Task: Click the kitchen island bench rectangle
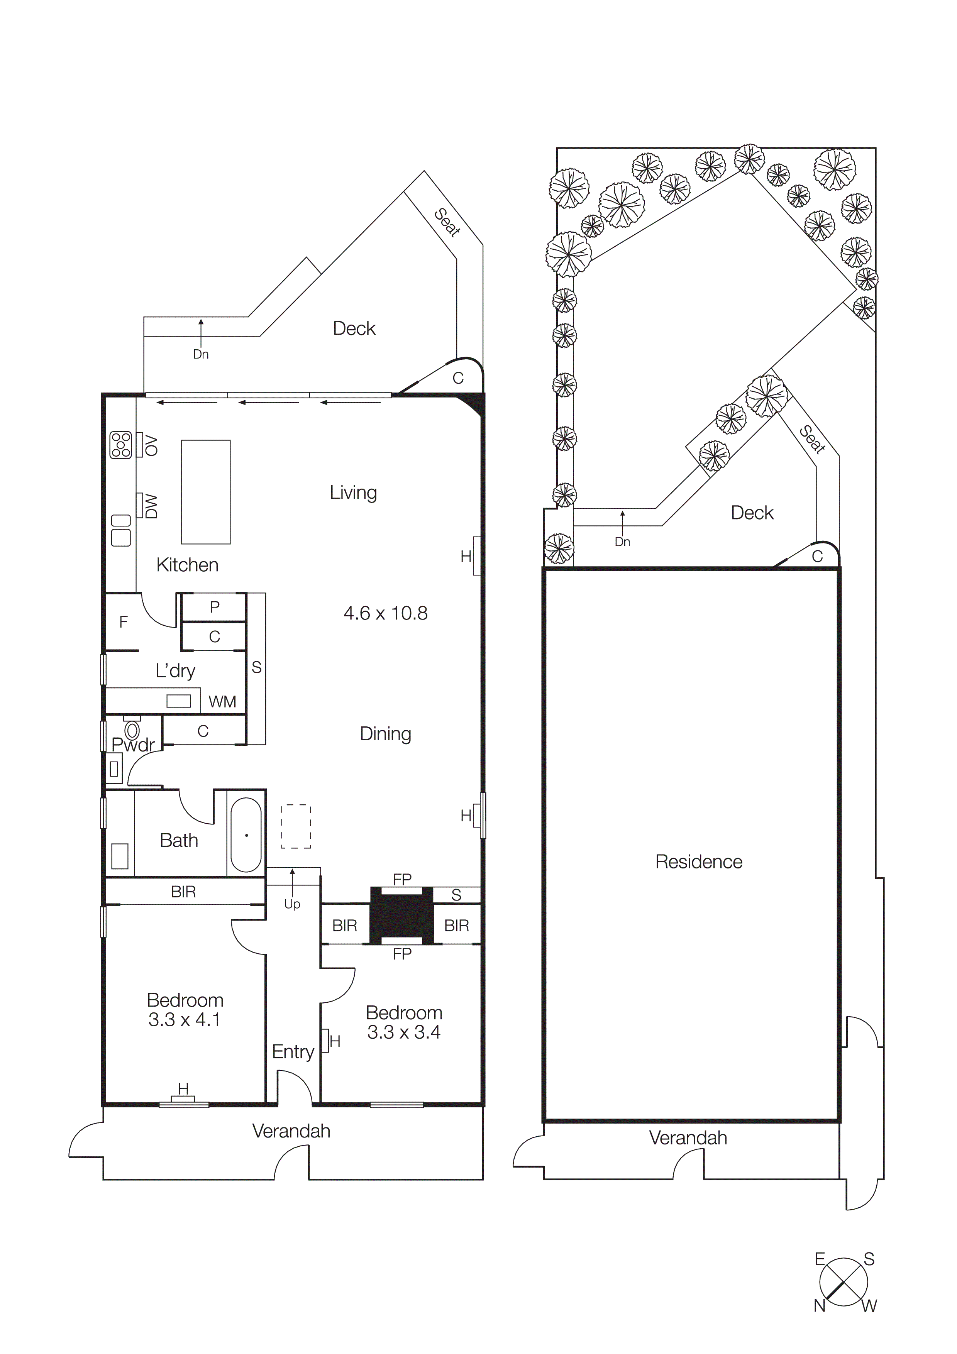tap(205, 491)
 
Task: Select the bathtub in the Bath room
tap(246, 835)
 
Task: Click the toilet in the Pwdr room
tap(132, 729)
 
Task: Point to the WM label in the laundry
tap(222, 702)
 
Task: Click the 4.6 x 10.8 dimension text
tap(386, 613)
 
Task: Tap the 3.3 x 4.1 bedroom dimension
tap(184, 1020)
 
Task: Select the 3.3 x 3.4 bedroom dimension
tap(404, 1032)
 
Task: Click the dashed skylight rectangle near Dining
tap(296, 826)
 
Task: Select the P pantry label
tap(215, 607)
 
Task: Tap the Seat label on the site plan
tap(813, 439)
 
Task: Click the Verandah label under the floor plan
tap(291, 1131)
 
